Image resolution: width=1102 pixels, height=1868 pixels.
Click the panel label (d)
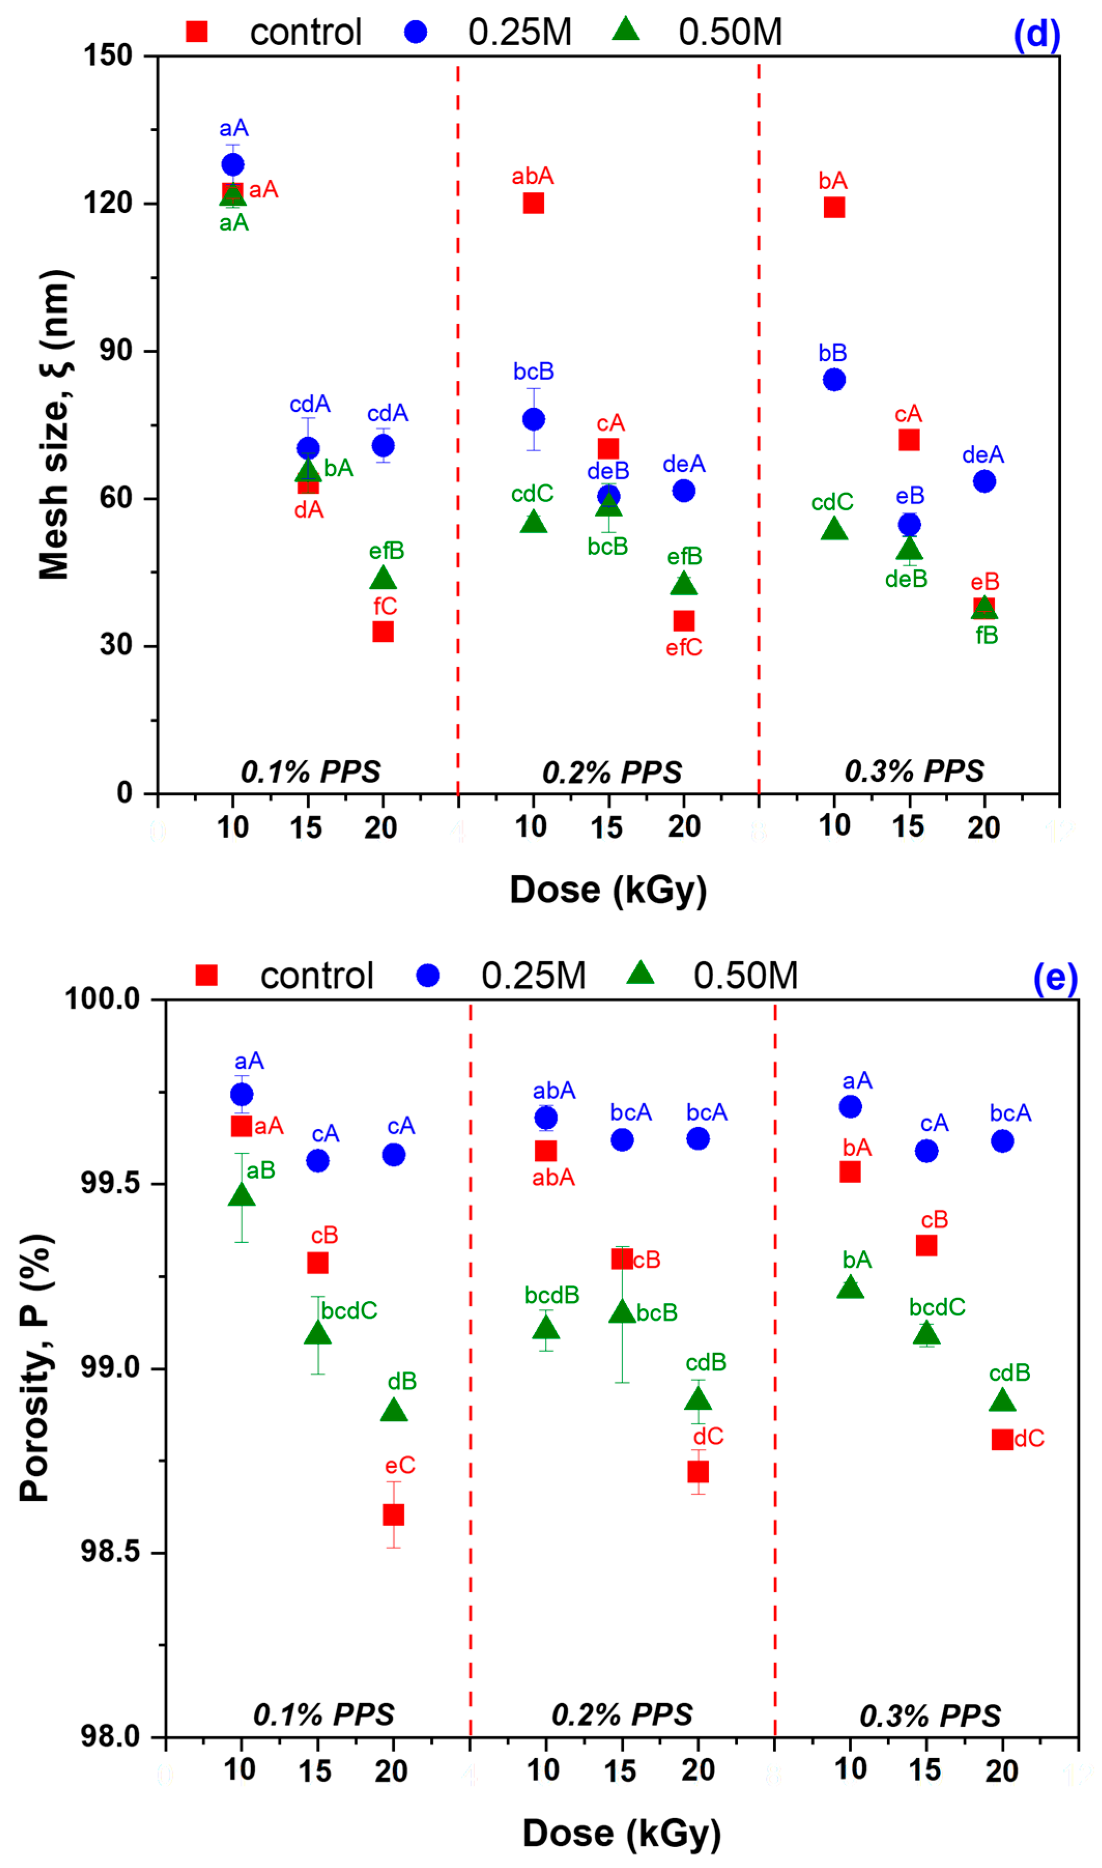(x=1037, y=35)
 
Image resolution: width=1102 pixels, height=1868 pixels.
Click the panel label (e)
(x=1055, y=979)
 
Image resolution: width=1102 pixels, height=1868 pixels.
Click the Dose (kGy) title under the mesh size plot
(x=608, y=890)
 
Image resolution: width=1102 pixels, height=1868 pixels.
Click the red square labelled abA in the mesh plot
(x=533, y=203)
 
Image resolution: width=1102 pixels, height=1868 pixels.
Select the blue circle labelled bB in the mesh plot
(x=834, y=380)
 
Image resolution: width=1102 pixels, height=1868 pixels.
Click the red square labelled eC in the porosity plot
(x=394, y=1515)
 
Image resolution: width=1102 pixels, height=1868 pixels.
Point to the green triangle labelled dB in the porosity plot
(x=394, y=1410)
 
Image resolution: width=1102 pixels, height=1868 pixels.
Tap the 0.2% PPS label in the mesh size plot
(x=612, y=772)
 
